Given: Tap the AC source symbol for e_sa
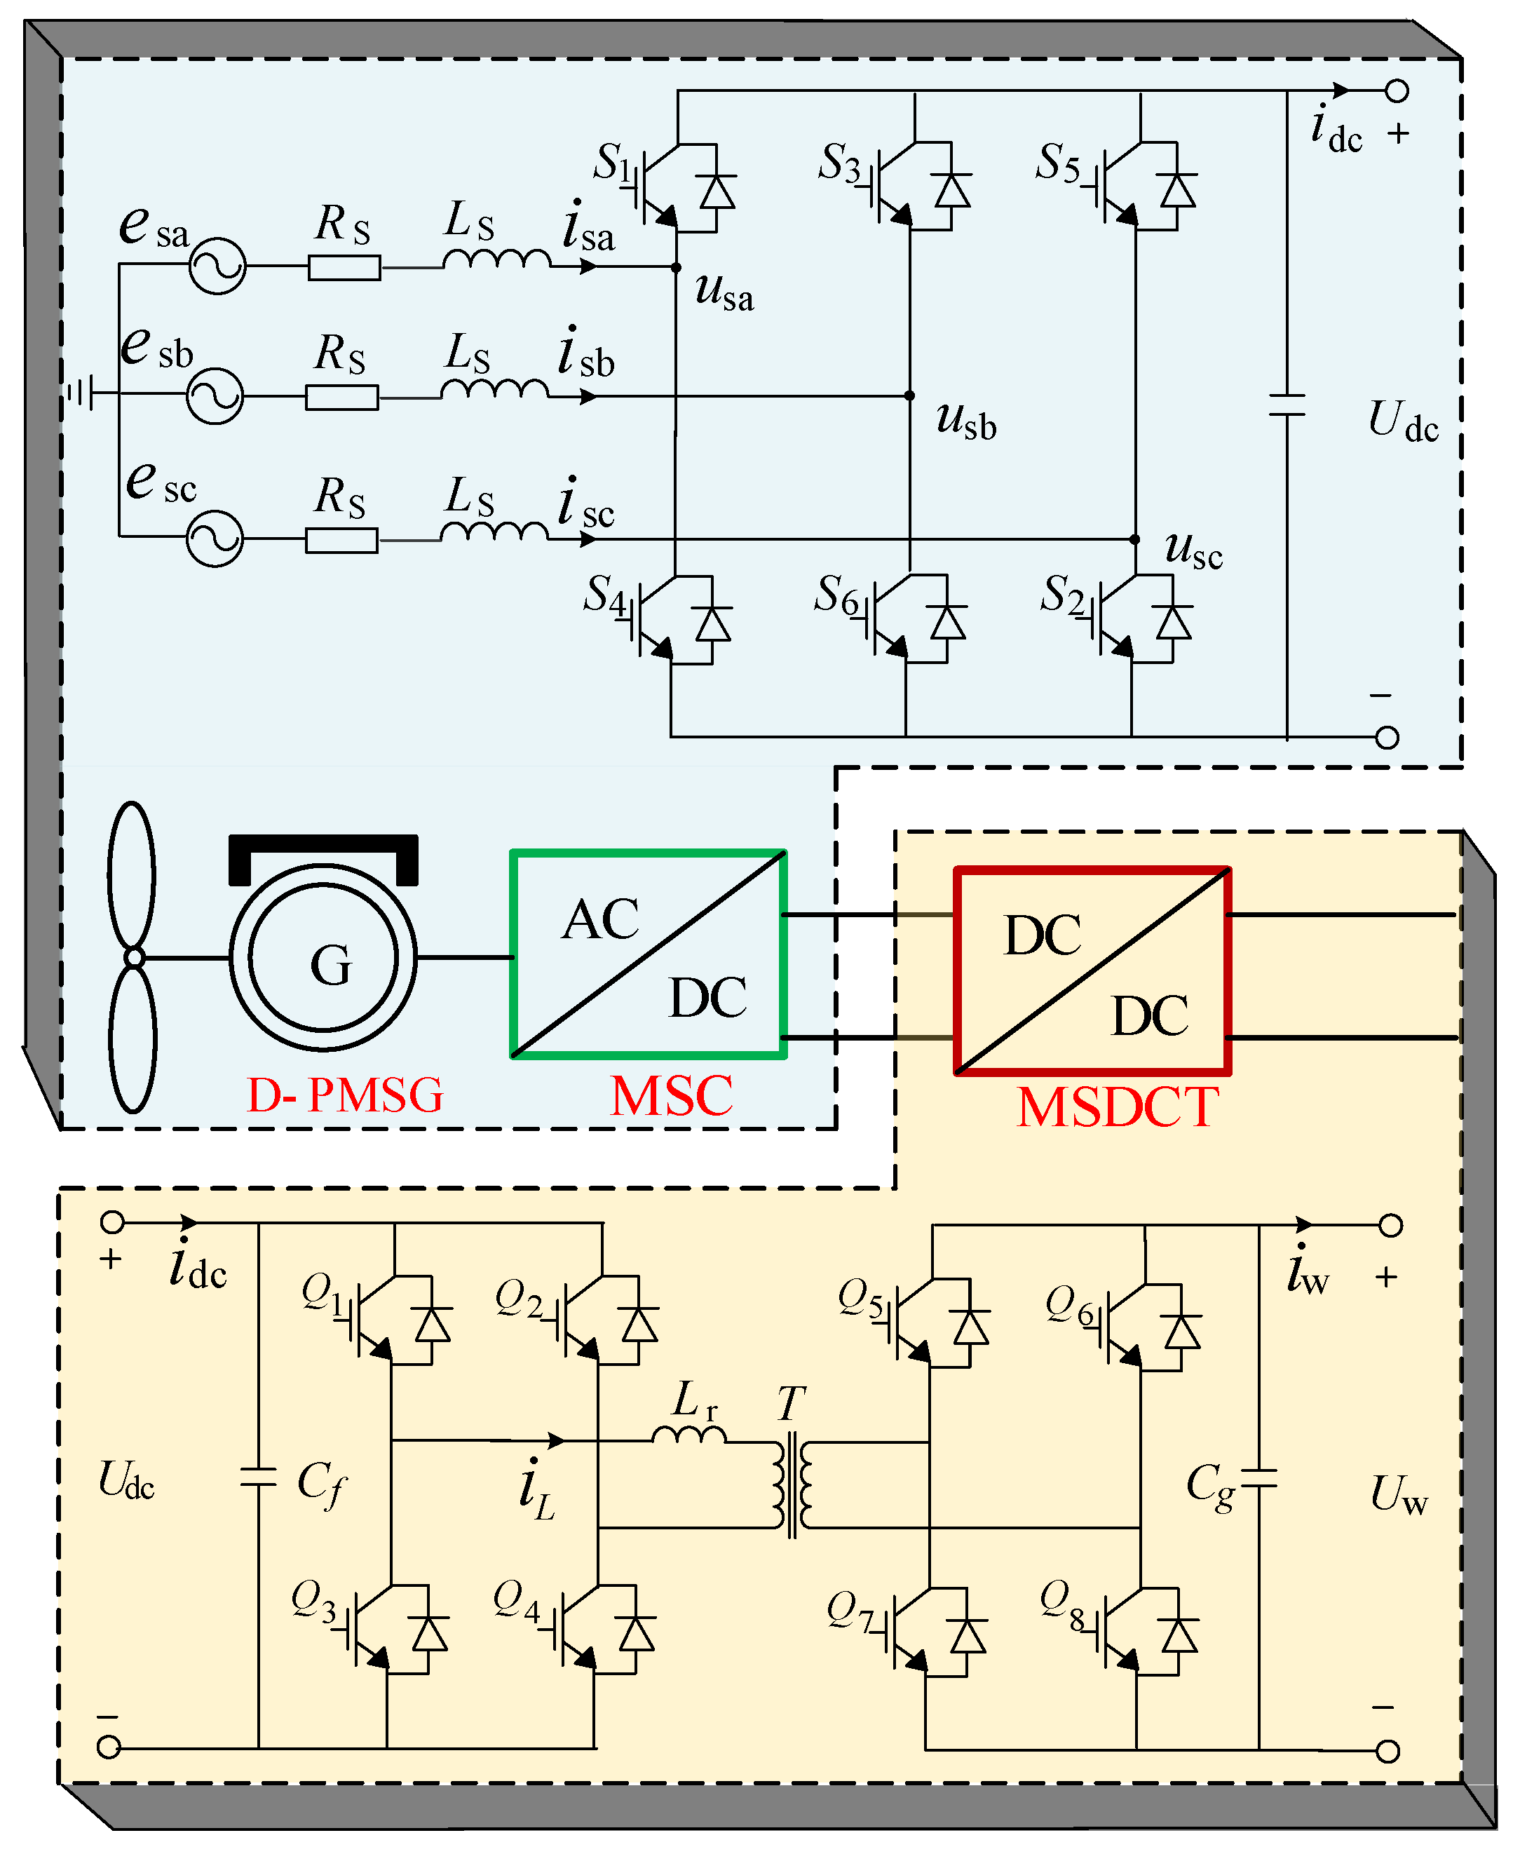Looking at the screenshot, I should [x=217, y=265].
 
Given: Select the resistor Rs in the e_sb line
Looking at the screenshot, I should [x=341, y=398].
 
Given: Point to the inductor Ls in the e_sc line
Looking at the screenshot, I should [x=495, y=532].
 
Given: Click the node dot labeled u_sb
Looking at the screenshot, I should [x=910, y=396].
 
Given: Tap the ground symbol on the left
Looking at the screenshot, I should [x=81, y=393].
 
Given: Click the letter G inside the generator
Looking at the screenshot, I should [x=331, y=965].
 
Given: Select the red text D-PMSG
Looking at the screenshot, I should [x=345, y=1095].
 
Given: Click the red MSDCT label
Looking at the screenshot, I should [x=1118, y=1108].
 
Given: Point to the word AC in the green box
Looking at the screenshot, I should [x=601, y=919].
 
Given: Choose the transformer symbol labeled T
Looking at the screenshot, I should [x=792, y=1484].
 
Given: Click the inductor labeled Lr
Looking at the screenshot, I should [x=689, y=1434].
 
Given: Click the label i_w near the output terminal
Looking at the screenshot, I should [x=1308, y=1275].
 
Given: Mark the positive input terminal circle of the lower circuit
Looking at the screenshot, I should [x=112, y=1222].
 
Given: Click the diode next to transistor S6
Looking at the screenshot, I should [x=947, y=623].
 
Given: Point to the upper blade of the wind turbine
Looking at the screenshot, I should [x=131, y=875].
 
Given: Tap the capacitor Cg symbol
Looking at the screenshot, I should [x=1259, y=1480].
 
